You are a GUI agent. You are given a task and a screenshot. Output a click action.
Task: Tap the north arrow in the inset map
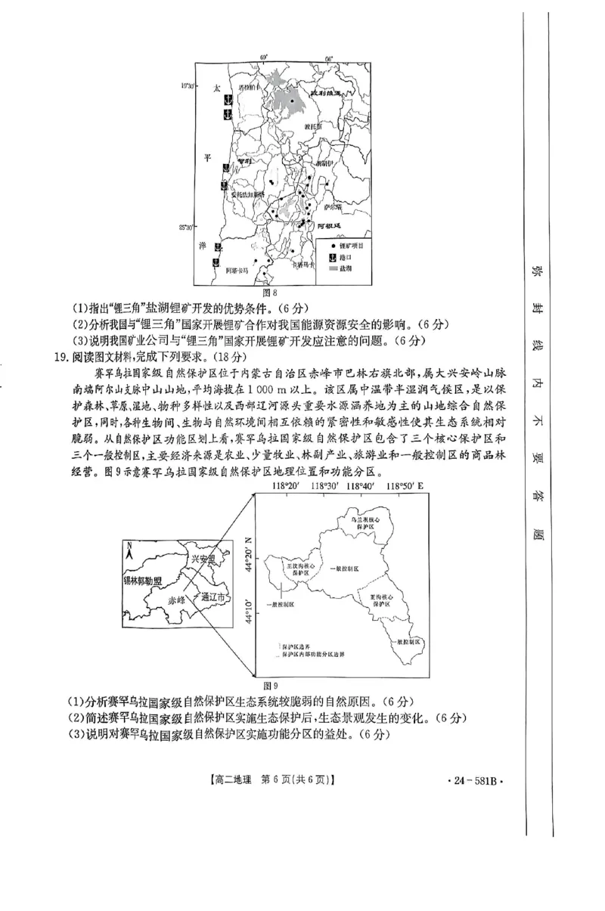click(130, 550)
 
